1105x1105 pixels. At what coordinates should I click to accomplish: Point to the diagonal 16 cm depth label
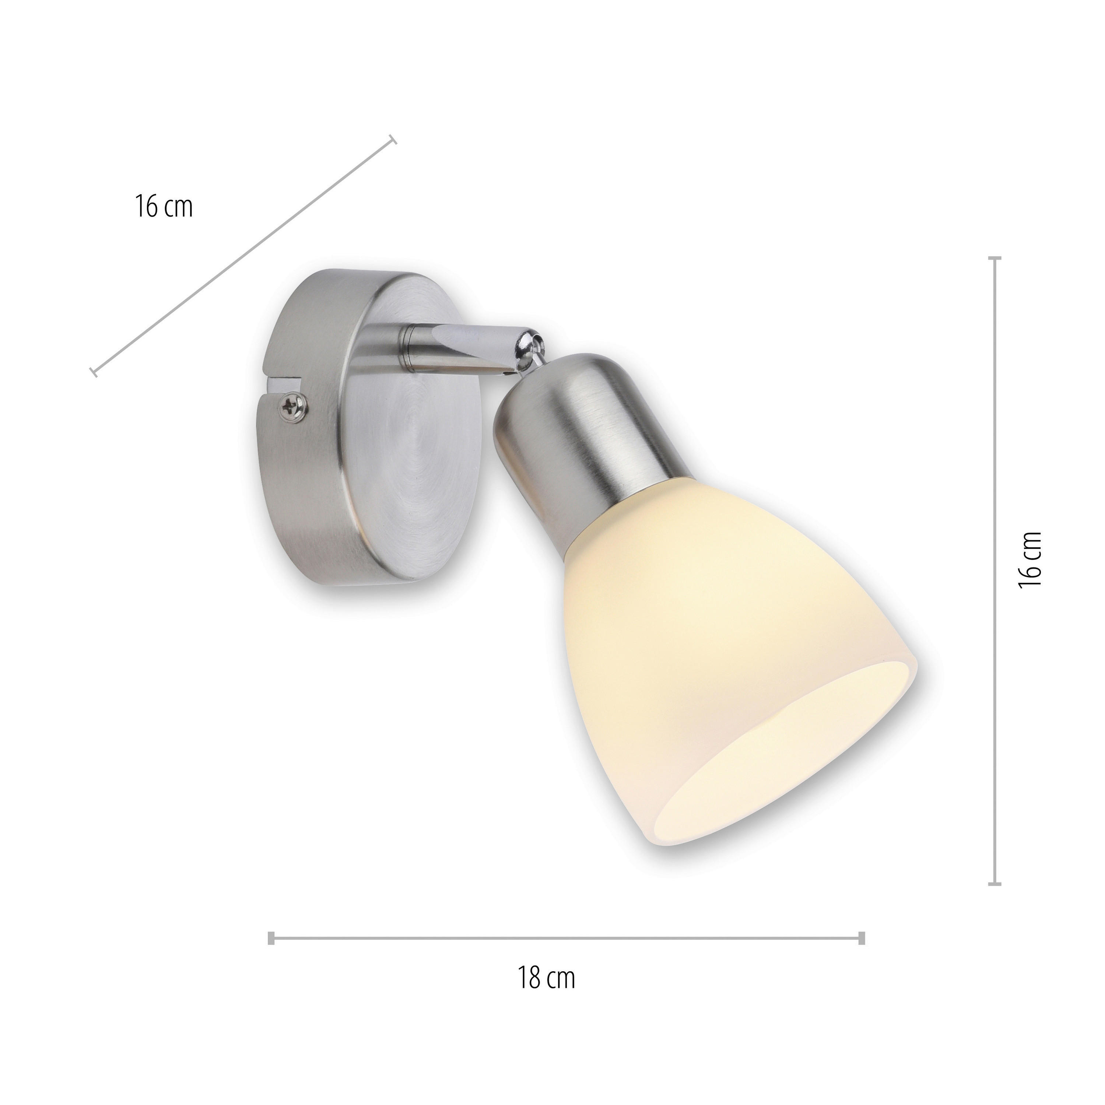coord(164,207)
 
